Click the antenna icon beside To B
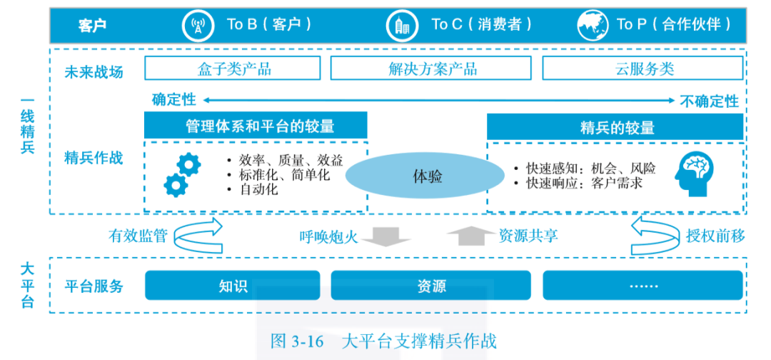[x=198, y=25]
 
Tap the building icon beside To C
[x=403, y=25]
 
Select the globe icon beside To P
[x=593, y=25]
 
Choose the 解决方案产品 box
[x=433, y=69]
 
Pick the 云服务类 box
[x=644, y=69]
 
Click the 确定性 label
[x=173, y=100]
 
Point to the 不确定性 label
[x=709, y=101]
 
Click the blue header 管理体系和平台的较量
[x=256, y=126]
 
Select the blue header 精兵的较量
[x=617, y=127]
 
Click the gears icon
[x=181, y=176]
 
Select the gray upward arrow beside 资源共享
[x=469, y=236]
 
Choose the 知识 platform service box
[x=233, y=286]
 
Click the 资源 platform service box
[x=432, y=286]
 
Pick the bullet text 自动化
[x=259, y=190]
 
